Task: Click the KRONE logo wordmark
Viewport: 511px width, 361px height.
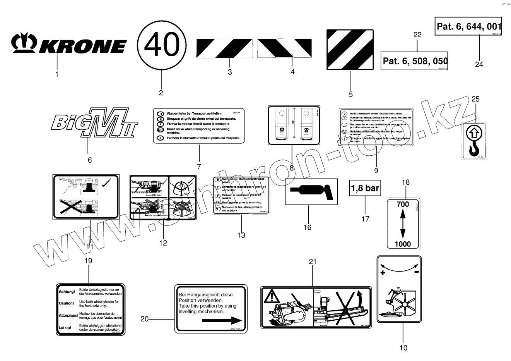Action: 69,45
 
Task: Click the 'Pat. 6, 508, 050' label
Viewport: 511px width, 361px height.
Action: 414,61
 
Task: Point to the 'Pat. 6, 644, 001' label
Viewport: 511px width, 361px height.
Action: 468,26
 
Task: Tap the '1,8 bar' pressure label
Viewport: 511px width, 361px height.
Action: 365,189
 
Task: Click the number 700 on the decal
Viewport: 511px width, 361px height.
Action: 403,204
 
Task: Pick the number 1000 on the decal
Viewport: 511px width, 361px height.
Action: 403,244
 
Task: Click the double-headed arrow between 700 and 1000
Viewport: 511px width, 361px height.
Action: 403,224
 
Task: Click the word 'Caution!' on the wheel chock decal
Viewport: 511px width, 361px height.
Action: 66,303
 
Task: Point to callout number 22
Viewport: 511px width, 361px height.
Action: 417,34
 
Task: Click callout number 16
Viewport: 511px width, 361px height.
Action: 307,227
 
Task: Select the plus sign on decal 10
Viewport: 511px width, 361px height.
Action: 383,273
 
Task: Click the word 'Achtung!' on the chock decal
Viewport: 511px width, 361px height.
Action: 66,291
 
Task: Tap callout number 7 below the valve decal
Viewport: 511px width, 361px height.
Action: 199,167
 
